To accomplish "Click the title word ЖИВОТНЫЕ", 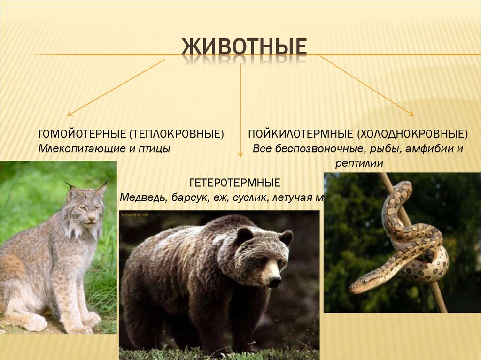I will [244, 48].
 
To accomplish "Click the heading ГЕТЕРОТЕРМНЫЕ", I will [235, 182].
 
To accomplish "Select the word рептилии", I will [360, 164].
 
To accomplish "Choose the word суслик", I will [248, 198].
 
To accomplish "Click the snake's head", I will [360, 285].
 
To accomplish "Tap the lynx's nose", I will [91, 217].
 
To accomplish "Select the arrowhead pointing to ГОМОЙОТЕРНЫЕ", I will [69, 114].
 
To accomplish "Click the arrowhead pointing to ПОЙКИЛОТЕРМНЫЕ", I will [411, 114].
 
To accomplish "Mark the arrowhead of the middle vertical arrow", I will [240, 155].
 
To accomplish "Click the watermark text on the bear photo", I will [135, 215].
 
